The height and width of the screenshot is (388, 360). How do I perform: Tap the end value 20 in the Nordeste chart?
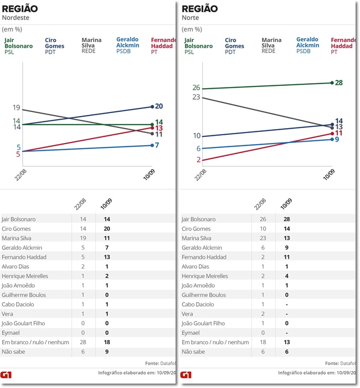tap(159, 106)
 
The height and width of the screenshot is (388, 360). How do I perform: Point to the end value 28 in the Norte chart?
tap(339, 83)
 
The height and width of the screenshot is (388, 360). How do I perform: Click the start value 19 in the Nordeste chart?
tap(16, 108)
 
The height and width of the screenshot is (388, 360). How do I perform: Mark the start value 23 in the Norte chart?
tap(196, 97)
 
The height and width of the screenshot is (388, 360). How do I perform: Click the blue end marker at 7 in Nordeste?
tap(151, 145)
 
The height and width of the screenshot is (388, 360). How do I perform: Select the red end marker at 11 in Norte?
tap(331, 133)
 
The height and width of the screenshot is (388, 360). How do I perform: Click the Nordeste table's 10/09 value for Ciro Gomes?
tap(107, 229)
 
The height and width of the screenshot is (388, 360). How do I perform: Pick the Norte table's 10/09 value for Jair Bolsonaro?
tap(286, 219)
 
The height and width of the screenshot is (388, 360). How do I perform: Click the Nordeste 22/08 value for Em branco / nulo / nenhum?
tap(83, 342)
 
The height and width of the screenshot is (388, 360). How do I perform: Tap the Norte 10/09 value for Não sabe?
tap(286, 351)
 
